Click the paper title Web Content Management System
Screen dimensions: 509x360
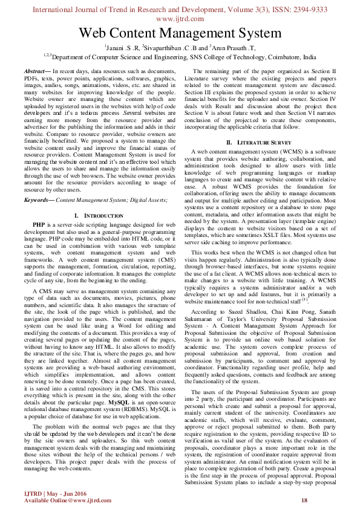pos(180,33)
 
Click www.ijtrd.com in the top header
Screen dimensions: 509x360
pos(180,18)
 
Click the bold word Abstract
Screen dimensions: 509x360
pos(36,71)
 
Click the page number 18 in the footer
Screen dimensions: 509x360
pos(304,499)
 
